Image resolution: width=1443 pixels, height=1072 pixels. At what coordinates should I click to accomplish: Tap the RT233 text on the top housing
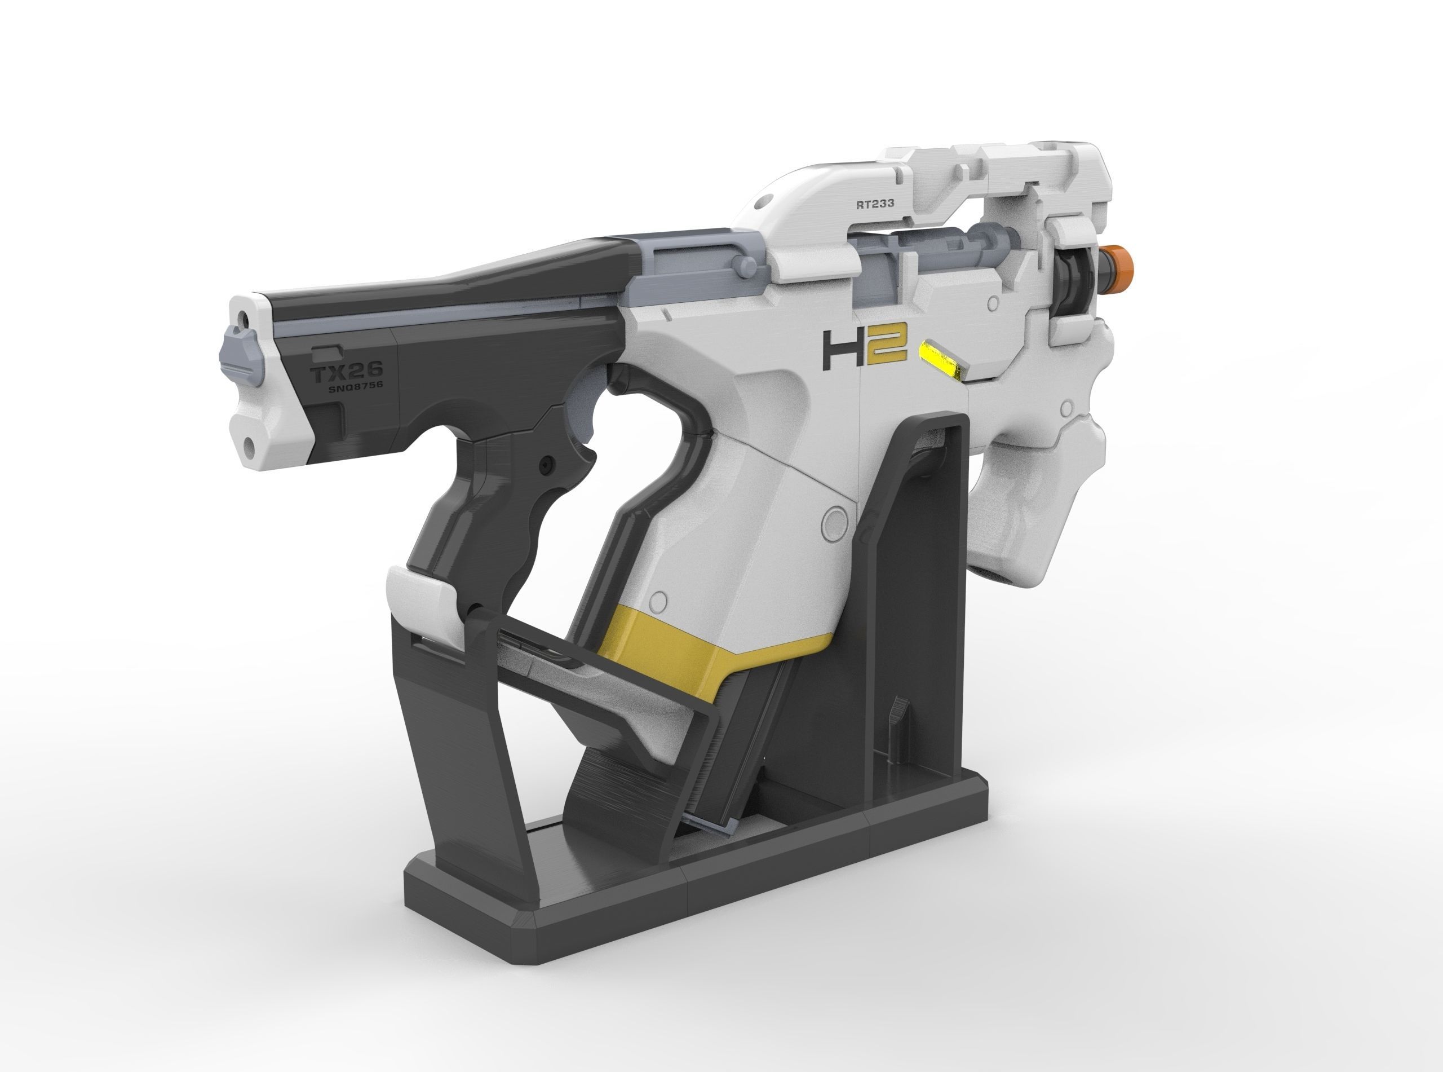[x=875, y=203]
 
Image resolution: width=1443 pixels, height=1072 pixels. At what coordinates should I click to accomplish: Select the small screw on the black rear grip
[x=546, y=465]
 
